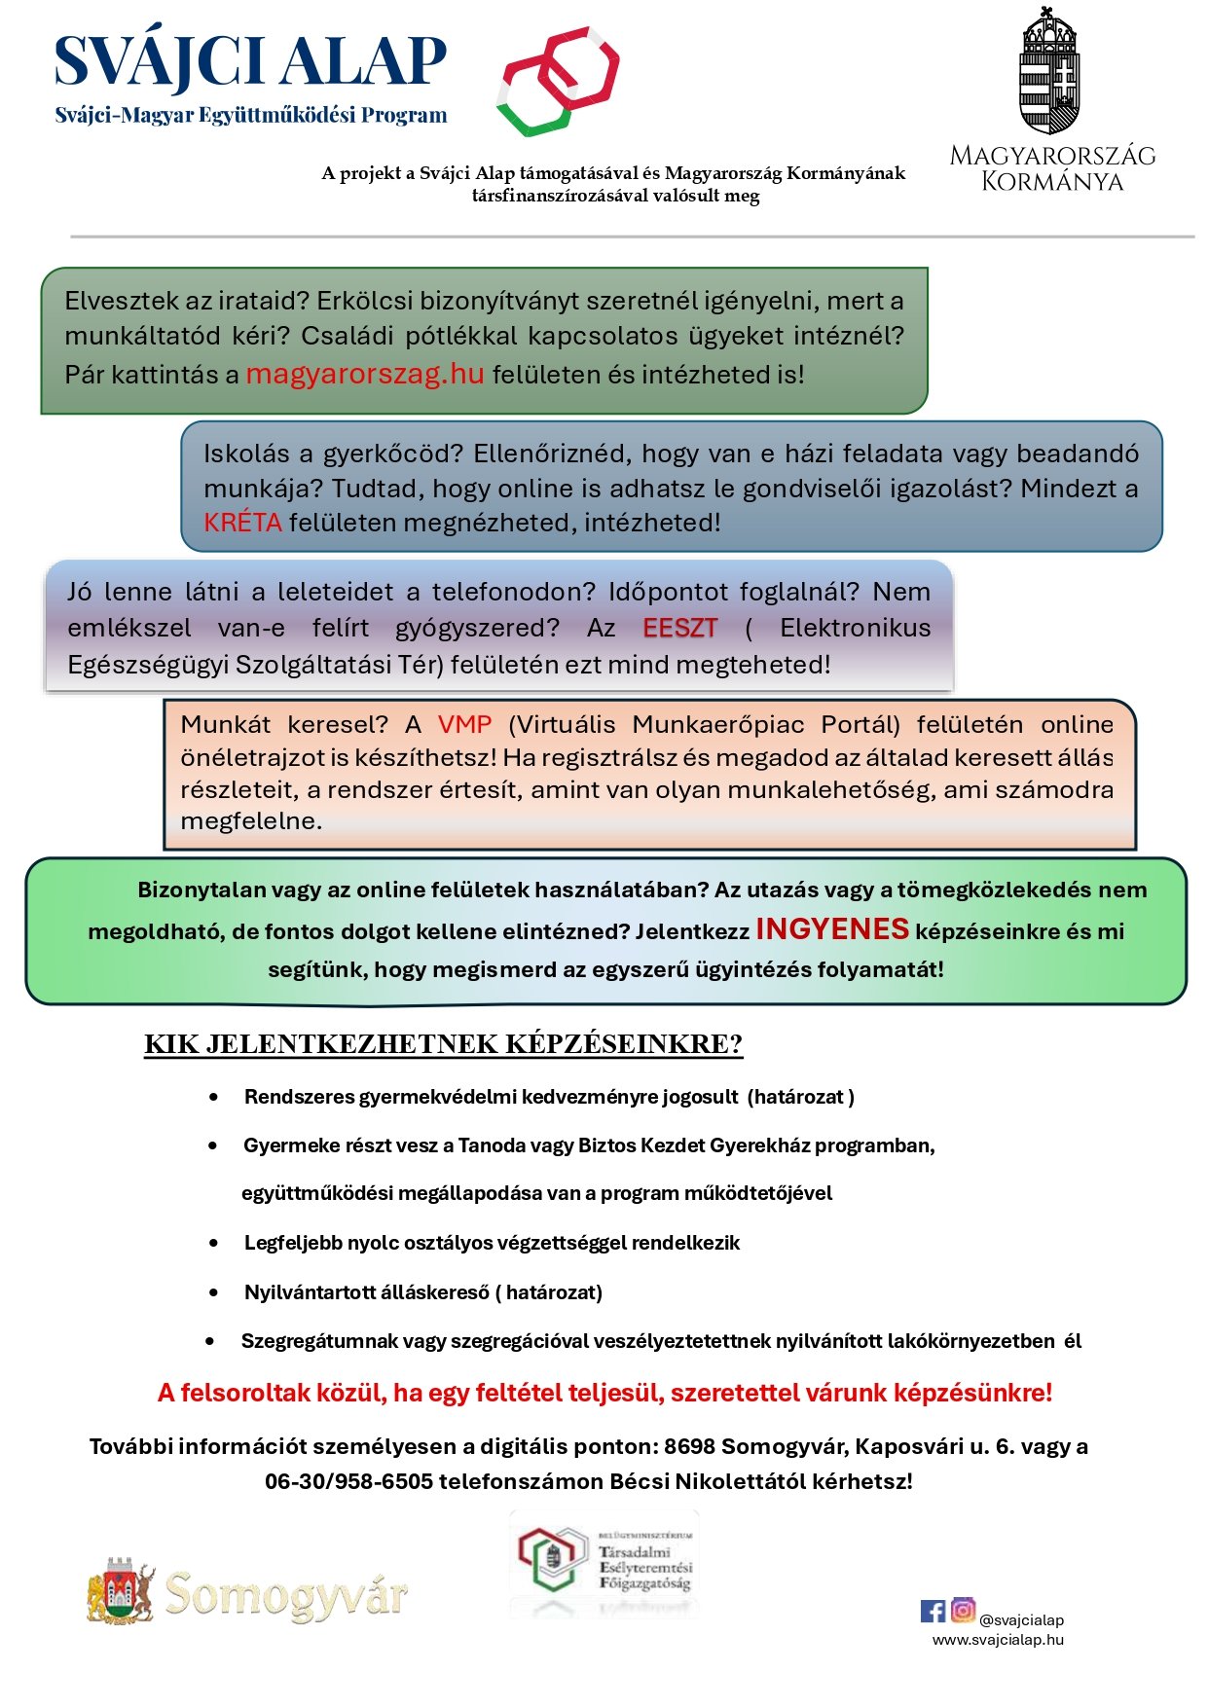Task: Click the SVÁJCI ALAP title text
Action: (x=250, y=61)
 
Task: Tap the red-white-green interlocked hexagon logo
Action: (x=559, y=80)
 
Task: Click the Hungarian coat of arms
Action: (x=1048, y=73)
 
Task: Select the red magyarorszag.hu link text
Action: (x=364, y=375)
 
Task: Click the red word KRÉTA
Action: (x=242, y=523)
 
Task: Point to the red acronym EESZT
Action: (x=679, y=629)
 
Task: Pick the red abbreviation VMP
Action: (x=464, y=725)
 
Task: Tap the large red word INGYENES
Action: (x=832, y=929)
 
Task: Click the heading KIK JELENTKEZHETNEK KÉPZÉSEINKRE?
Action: (x=443, y=1044)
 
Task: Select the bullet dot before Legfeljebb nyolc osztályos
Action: (x=214, y=1243)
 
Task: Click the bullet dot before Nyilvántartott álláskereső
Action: (x=214, y=1292)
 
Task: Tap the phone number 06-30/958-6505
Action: (x=348, y=1481)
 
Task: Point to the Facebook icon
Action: (x=933, y=1611)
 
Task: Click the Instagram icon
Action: (x=963, y=1610)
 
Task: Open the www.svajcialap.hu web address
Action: (x=998, y=1640)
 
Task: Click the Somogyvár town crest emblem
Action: (x=121, y=1592)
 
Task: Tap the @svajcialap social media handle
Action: (x=1021, y=1620)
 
